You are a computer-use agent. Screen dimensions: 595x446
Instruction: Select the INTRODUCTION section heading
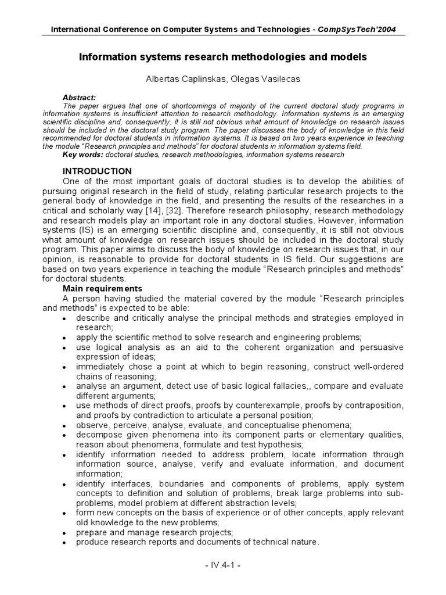click(97, 171)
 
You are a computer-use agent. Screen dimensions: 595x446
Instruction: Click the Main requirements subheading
click(102, 288)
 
